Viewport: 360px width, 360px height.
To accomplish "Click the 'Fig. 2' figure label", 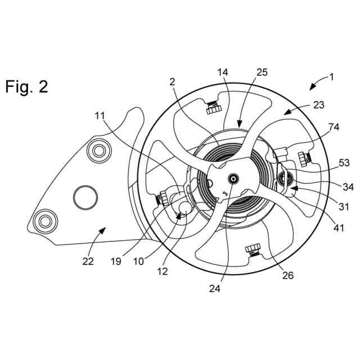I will (x=26, y=87).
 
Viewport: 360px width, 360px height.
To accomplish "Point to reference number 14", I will (x=223, y=73).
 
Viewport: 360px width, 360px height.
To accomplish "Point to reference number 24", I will (x=216, y=290).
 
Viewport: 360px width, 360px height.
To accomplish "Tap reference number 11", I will (x=100, y=116).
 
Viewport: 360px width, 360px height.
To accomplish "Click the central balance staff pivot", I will (x=232, y=178).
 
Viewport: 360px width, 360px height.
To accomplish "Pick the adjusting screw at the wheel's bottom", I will (x=253, y=250).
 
